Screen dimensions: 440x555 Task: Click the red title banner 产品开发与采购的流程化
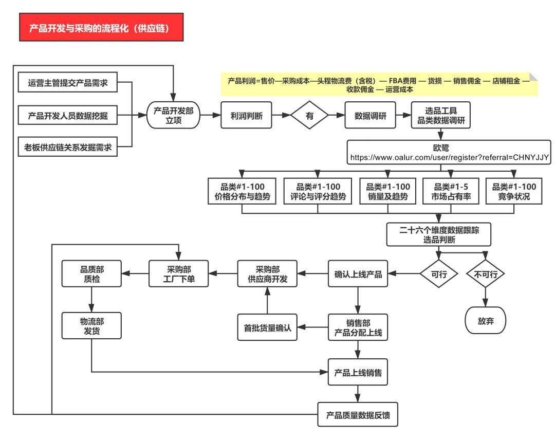pyautogui.click(x=101, y=28)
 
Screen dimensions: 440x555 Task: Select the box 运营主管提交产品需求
pyautogui.click(x=68, y=83)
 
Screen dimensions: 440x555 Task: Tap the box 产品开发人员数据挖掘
pyautogui.click(x=68, y=116)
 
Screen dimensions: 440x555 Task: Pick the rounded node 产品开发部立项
pyautogui.click(x=173, y=116)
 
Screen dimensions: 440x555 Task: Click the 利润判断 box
pyautogui.click(x=246, y=116)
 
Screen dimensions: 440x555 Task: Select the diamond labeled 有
pyautogui.click(x=309, y=116)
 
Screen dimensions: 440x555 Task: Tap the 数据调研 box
pyautogui.click(x=371, y=116)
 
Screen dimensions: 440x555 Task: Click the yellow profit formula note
pyautogui.click(x=379, y=85)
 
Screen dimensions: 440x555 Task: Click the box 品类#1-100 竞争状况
pyautogui.click(x=514, y=191)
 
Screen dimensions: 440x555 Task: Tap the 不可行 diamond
pyautogui.click(x=485, y=274)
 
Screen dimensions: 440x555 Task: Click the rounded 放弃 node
pyautogui.click(x=485, y=321)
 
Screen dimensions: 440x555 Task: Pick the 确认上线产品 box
pyautogui.click(x=358, y=274)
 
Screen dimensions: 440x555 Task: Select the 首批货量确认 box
pyautogui.click(x=268, y=327)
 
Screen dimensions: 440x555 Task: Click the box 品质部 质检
pyautogui.click(x=91, y=273)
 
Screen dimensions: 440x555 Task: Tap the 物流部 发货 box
pyautogui.click(x=91, y=326)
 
